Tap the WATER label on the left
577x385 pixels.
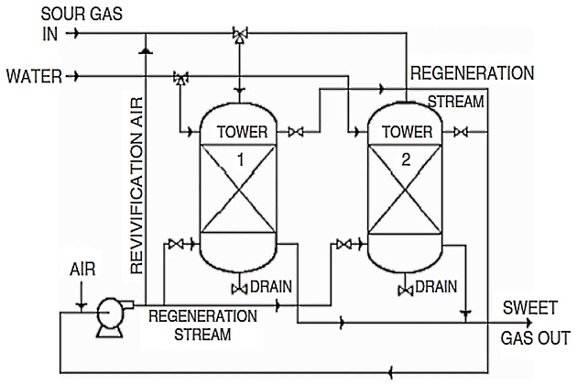pos(33,77)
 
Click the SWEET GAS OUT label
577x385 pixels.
pos(535,321)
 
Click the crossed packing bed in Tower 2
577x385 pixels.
pos(407,193)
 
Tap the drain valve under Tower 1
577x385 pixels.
pos(240,290)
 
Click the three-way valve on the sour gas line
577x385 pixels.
pos(240,35)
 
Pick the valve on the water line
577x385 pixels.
pos(180,79)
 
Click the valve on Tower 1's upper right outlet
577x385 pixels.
pos(296,133)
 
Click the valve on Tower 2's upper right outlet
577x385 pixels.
pos(463,133)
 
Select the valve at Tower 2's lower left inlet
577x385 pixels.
pos(344,244)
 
